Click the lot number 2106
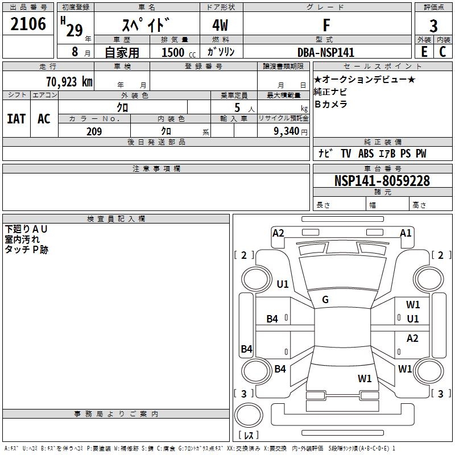pyautogui.click(x=28, y=24)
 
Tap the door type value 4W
pyautogui.click(x=221, y=26)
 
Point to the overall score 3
pyautogui.click(x=433, y=26)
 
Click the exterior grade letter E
pyautogui.click(x=424, y=52)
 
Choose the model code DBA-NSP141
pyautogui.click(x=326, y=52)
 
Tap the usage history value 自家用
pyautogui.click(x=122, y=52)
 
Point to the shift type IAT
pyautogui.click(x=16, y=118)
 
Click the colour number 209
pyautogui.click(x=94, y=131)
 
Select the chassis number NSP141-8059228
pyautogui.click(x=382, y=181)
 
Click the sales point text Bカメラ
pyautogui.click(x=330, y=104)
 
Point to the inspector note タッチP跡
pyautogui.click(x=26, y=249)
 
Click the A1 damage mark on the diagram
pyautogui.click(x=406, y=233)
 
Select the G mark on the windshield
pyautogui.click(x=325, y=300)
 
